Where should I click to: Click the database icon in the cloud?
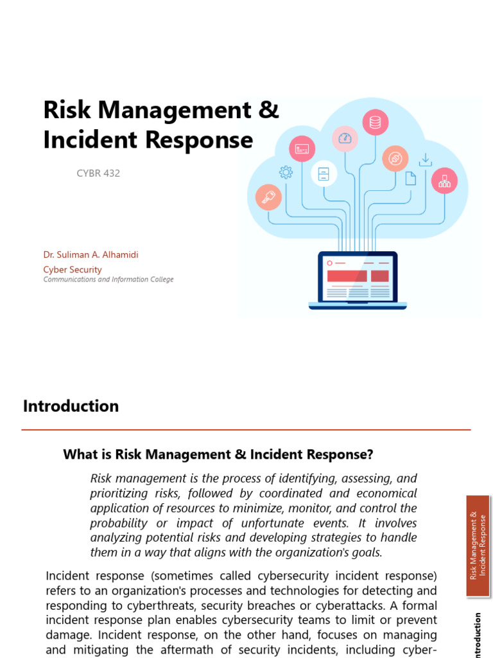(375, 122)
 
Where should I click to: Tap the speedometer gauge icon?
(345, 138)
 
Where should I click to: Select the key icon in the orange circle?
(268, 197)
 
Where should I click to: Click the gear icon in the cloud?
(286, 172)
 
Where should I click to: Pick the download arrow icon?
(425, 160)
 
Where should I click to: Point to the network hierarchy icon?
(444, 181)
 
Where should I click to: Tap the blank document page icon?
(410, 178)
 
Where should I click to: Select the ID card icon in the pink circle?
(302, 149)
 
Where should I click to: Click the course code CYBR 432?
(98, 173)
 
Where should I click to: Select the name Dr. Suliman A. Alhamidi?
(91, 254)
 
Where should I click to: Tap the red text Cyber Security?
(72, 269)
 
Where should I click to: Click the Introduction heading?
(71, 406)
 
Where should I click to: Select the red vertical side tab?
(478, 546)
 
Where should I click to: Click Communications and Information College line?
(108, 280)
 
